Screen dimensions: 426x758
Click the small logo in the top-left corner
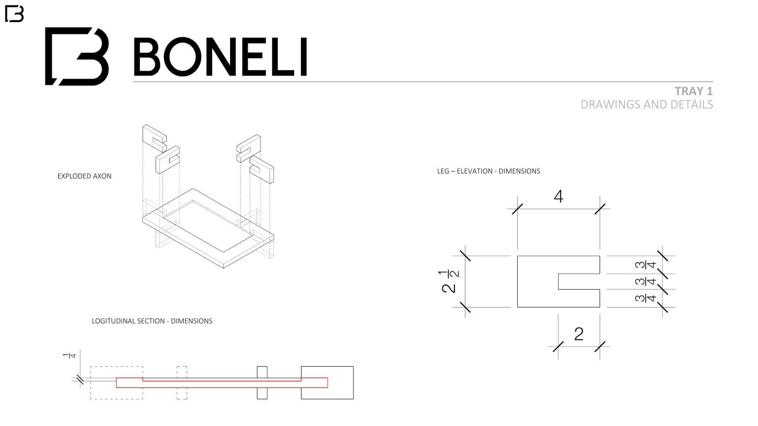[x=14, y=14]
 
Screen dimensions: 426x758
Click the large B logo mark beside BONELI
[x=77, y=56]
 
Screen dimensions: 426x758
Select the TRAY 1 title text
[x=693, y=91]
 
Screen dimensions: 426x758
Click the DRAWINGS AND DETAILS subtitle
[x=646, y=105]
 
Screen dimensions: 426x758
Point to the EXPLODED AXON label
[x=84, y=176]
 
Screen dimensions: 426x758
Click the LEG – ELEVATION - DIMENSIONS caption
[x=489, y=171]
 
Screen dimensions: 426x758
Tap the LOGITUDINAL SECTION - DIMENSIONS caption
[x=152, y=321]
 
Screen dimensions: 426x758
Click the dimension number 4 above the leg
[x=558, y=197]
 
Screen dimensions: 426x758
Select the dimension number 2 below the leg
[x=579, y=334]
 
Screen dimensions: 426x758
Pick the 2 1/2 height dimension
[x=450, y=282]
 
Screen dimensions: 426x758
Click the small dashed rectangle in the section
[x=182, y=383]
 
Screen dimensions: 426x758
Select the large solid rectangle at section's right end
[x=341, y=383]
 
